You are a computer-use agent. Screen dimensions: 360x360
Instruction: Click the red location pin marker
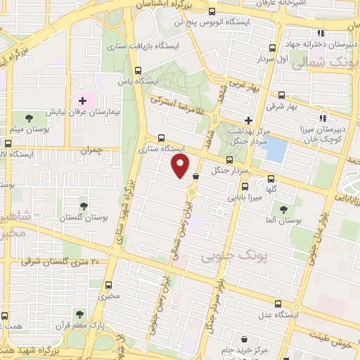pyautogui.click(x=181, y=165)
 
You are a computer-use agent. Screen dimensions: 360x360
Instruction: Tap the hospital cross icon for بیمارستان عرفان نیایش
pyautogui.click(x=82, y=101)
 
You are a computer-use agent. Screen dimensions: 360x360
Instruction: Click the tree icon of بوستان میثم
pyautogui.click(x=29, y=117)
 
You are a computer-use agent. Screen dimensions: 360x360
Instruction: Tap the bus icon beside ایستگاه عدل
pyautogui.click(x=278, y=304)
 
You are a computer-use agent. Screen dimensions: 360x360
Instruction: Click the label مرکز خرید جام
pyautogui.click(x=244, y=350)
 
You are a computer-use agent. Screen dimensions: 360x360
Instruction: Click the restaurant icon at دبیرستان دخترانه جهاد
pyautogui.click(x=320, y=33)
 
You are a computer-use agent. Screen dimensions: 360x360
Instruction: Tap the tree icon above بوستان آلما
pyautogui.click(x=283, y=209)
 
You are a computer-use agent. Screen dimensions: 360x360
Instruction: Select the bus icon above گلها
pyautogui.click(x=245, y=186)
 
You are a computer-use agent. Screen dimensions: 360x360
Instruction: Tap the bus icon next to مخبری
pyautogui.click(x=110, y=284)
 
